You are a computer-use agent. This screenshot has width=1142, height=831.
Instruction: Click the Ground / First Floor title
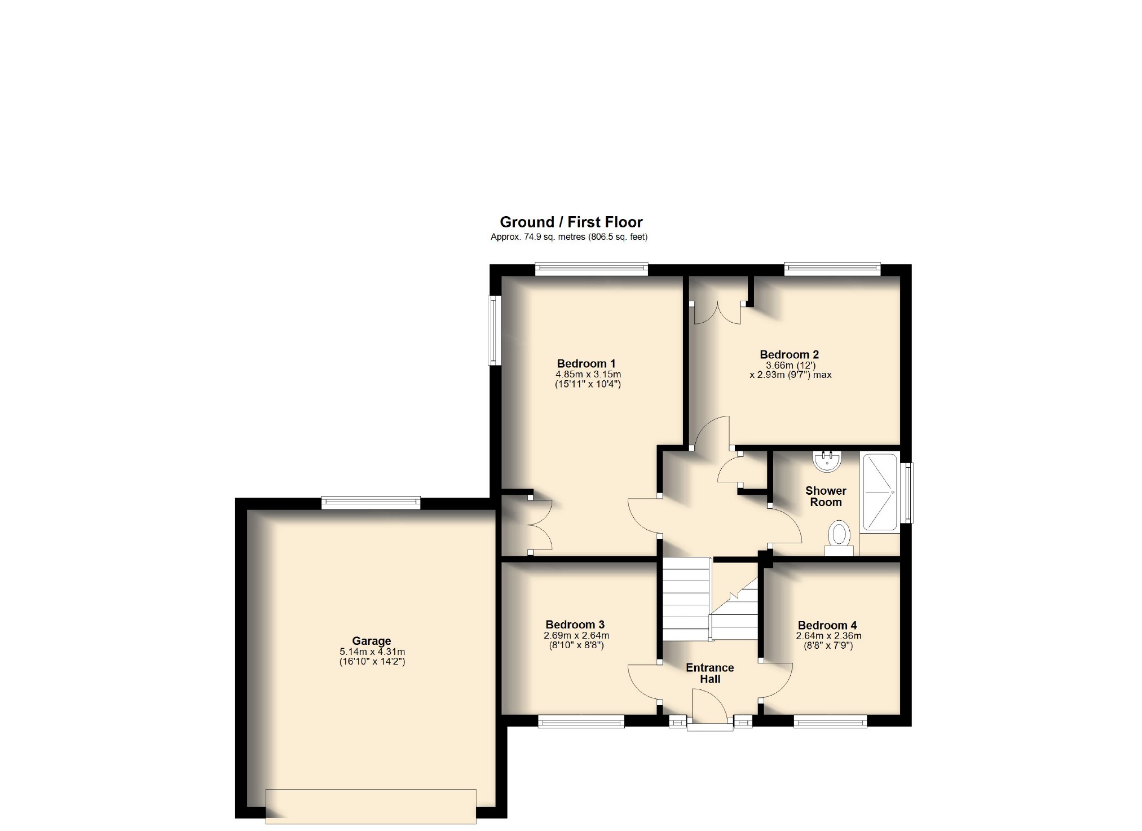pyautogui.click(x=571, y=222)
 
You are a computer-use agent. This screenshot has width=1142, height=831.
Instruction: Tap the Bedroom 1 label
pyautogui.click(x=586, y=364)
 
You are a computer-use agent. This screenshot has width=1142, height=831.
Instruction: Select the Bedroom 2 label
pyautogui.click(x=789, y=355)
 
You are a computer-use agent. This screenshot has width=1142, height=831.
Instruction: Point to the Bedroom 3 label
pyautogui.click(x=575, y=625)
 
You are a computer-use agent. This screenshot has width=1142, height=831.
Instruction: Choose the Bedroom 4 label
pyautogui.click(x=827, y=625)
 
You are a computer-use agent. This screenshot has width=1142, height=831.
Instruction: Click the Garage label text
pyautogui.click(x=371, y=641)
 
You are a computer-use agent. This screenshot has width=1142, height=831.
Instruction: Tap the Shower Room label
pyautogui.click(x=826, y=496)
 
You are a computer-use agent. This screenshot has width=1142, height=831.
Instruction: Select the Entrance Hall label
pyautogui.click(x=709, y=673)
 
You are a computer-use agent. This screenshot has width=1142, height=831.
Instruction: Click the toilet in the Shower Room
pyautogui.click(x=839, y=536)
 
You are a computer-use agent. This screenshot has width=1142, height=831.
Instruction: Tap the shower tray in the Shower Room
pyautogui.click(x=879, y=492)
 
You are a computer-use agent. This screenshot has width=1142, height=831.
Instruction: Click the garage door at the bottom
pyautogui.click(x=371, y=806)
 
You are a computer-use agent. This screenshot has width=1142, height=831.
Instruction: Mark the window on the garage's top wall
pyautogui.click(x=371, y=502)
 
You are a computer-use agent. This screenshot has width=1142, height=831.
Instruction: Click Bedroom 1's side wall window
pyautogui.click(x=495, y=330)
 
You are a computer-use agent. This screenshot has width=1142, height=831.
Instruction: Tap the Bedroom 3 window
pyautogui.click(x=581, y=721)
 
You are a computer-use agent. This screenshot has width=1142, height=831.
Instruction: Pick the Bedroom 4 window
pyautogui.click(x=830, y=721)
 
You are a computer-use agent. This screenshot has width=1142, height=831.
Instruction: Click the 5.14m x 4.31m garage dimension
pyautogui.click(x=371, y=652)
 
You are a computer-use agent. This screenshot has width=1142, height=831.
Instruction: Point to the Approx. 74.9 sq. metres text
pyautogui.click(x=568, y=238)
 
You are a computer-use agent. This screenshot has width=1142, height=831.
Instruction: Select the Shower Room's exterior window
pyautogui.click(x=907, y=493)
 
